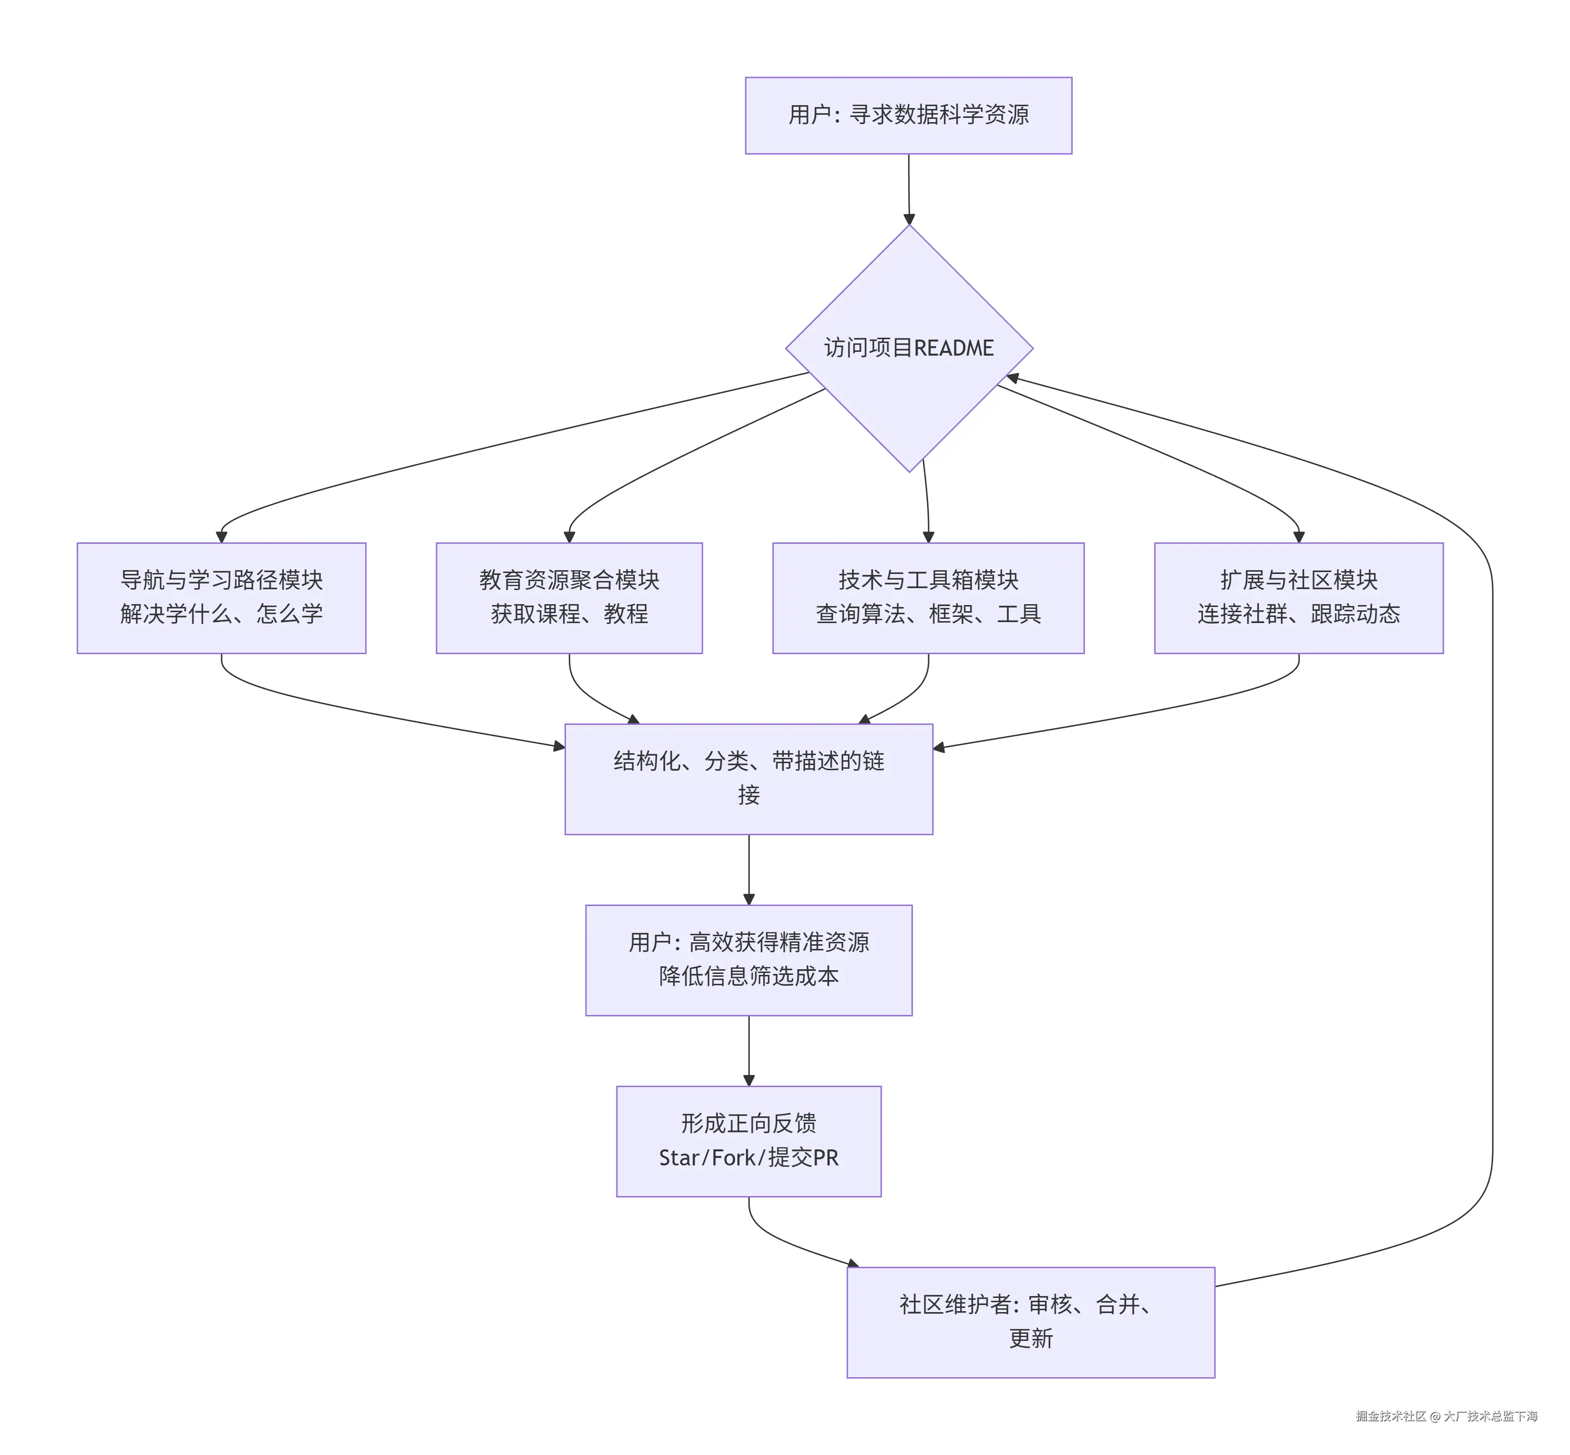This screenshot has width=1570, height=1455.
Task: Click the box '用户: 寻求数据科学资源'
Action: pyautogui.click(x=908, y=115)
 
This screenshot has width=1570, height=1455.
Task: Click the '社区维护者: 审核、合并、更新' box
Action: pyautogui.click(x=1030, y=1322)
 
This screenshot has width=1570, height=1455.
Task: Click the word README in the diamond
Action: pyautogui.click(x=954, y=348)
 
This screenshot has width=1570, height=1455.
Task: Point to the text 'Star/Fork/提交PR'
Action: pyautogui.click(x=748, y=1157)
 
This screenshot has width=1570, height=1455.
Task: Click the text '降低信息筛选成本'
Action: pyautogui.click(x=748, y=976)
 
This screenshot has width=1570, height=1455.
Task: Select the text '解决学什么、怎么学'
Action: pyautogui.click(x=221, y=614)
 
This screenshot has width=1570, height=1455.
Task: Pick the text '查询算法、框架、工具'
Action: pyautogui.click(x=928, y=614)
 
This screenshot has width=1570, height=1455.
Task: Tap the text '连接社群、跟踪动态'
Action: pyautogui.click(x=1299, y=614)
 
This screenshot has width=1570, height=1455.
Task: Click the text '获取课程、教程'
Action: pyautogui.click(x=569, y=614)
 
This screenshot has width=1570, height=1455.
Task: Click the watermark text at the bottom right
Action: pyautogui.click(x=1446, y=1416)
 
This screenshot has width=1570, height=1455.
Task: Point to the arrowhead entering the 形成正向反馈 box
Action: pyautogui.click(x=748, y=1080)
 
